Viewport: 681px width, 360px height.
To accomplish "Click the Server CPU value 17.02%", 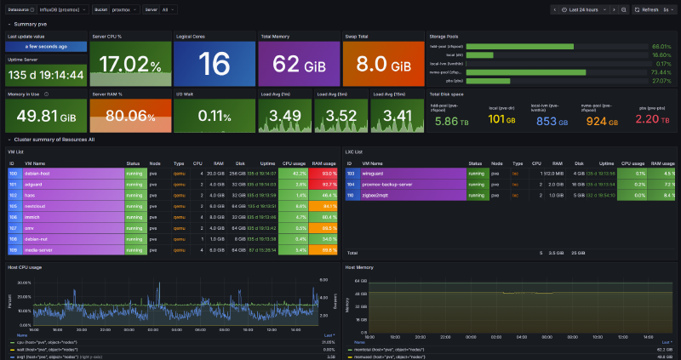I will click(129, 65).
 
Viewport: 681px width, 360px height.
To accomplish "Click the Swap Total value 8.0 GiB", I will click(381, 65).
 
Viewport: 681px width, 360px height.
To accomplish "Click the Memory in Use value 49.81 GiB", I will click(45, 116).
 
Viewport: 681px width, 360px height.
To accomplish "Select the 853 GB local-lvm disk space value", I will click(547, 121).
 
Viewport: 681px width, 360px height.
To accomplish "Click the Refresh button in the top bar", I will click(647, 9).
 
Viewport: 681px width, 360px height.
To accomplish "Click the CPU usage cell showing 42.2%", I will click(295, 173).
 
